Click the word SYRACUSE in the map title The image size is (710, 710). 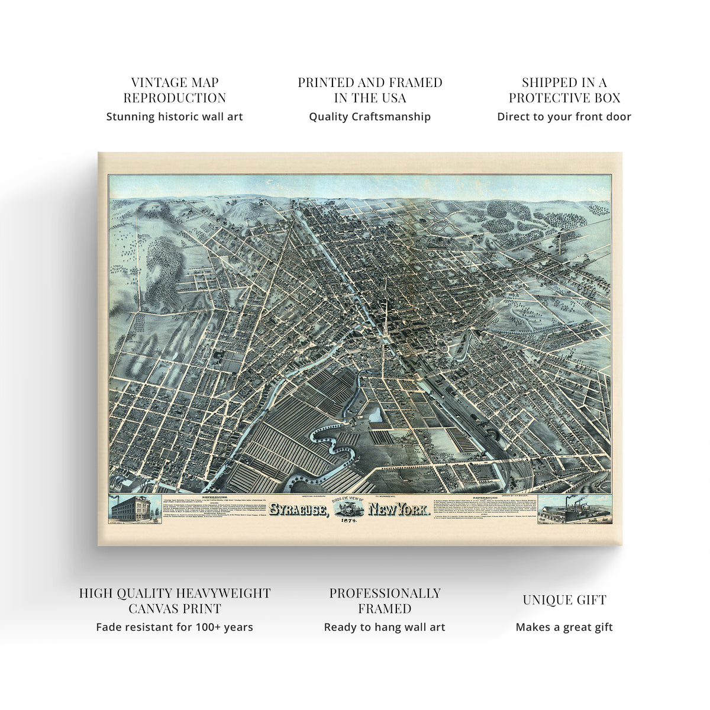pyautogui.click(x=298, y=510)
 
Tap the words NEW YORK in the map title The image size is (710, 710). pyautogui.click(x=399, y=510)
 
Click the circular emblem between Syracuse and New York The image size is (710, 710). pyautogui.click(x=349, y=508)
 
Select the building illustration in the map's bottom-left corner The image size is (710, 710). pyautogui.click(x=134, y=509)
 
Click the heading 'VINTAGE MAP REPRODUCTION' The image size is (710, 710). pyautogui.click(x=175, y=90)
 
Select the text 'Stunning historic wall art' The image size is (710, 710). pyautogui.click(x=175, y=117)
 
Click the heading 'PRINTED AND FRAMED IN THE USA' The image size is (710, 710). pyautogui.click(x=370, y=90)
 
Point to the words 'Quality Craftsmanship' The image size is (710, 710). pyautogui.click(x=370, y=117)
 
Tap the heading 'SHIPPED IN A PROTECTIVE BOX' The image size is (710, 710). pyautogui.click(x=564, y=90)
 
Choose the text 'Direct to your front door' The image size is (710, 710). pyautogui.click(x=564, y=117)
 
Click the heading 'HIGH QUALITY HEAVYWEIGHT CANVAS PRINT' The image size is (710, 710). pyautogui.click(x=175, y=601)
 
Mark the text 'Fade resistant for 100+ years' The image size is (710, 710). pyautogui.click(x=175, y=627)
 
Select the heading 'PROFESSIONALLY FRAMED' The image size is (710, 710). pyautogui.click(x=385, y=601)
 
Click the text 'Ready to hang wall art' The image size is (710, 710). pyautogui.click(x=385, y=627)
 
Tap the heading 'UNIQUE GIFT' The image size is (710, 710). pyautogui.click(x=564, y=600)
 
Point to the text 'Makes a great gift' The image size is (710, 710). pyautogui.click(x=564, y=627)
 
